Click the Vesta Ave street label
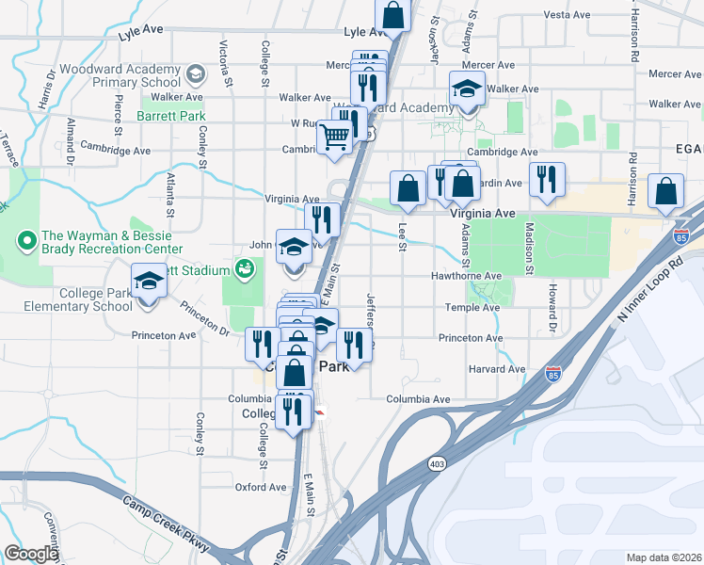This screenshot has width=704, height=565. click(567, 15)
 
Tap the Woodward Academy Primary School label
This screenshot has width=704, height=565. click(119, 76)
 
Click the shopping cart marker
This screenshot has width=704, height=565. click(334, 137)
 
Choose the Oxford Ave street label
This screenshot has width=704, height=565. click(261, 487)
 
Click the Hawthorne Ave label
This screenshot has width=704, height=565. click(466, 276)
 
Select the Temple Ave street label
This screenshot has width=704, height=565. click(472, 307)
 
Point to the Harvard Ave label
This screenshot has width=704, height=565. click(496, 368)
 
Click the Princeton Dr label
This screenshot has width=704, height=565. click(204, 317)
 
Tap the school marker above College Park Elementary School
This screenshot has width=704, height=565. click(149, 282)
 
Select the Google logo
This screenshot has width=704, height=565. click(32, 554)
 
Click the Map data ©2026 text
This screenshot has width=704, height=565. click(663, 557)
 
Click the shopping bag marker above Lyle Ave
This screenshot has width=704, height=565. click(392, 15)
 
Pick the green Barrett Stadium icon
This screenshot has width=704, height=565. click(243, 270)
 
